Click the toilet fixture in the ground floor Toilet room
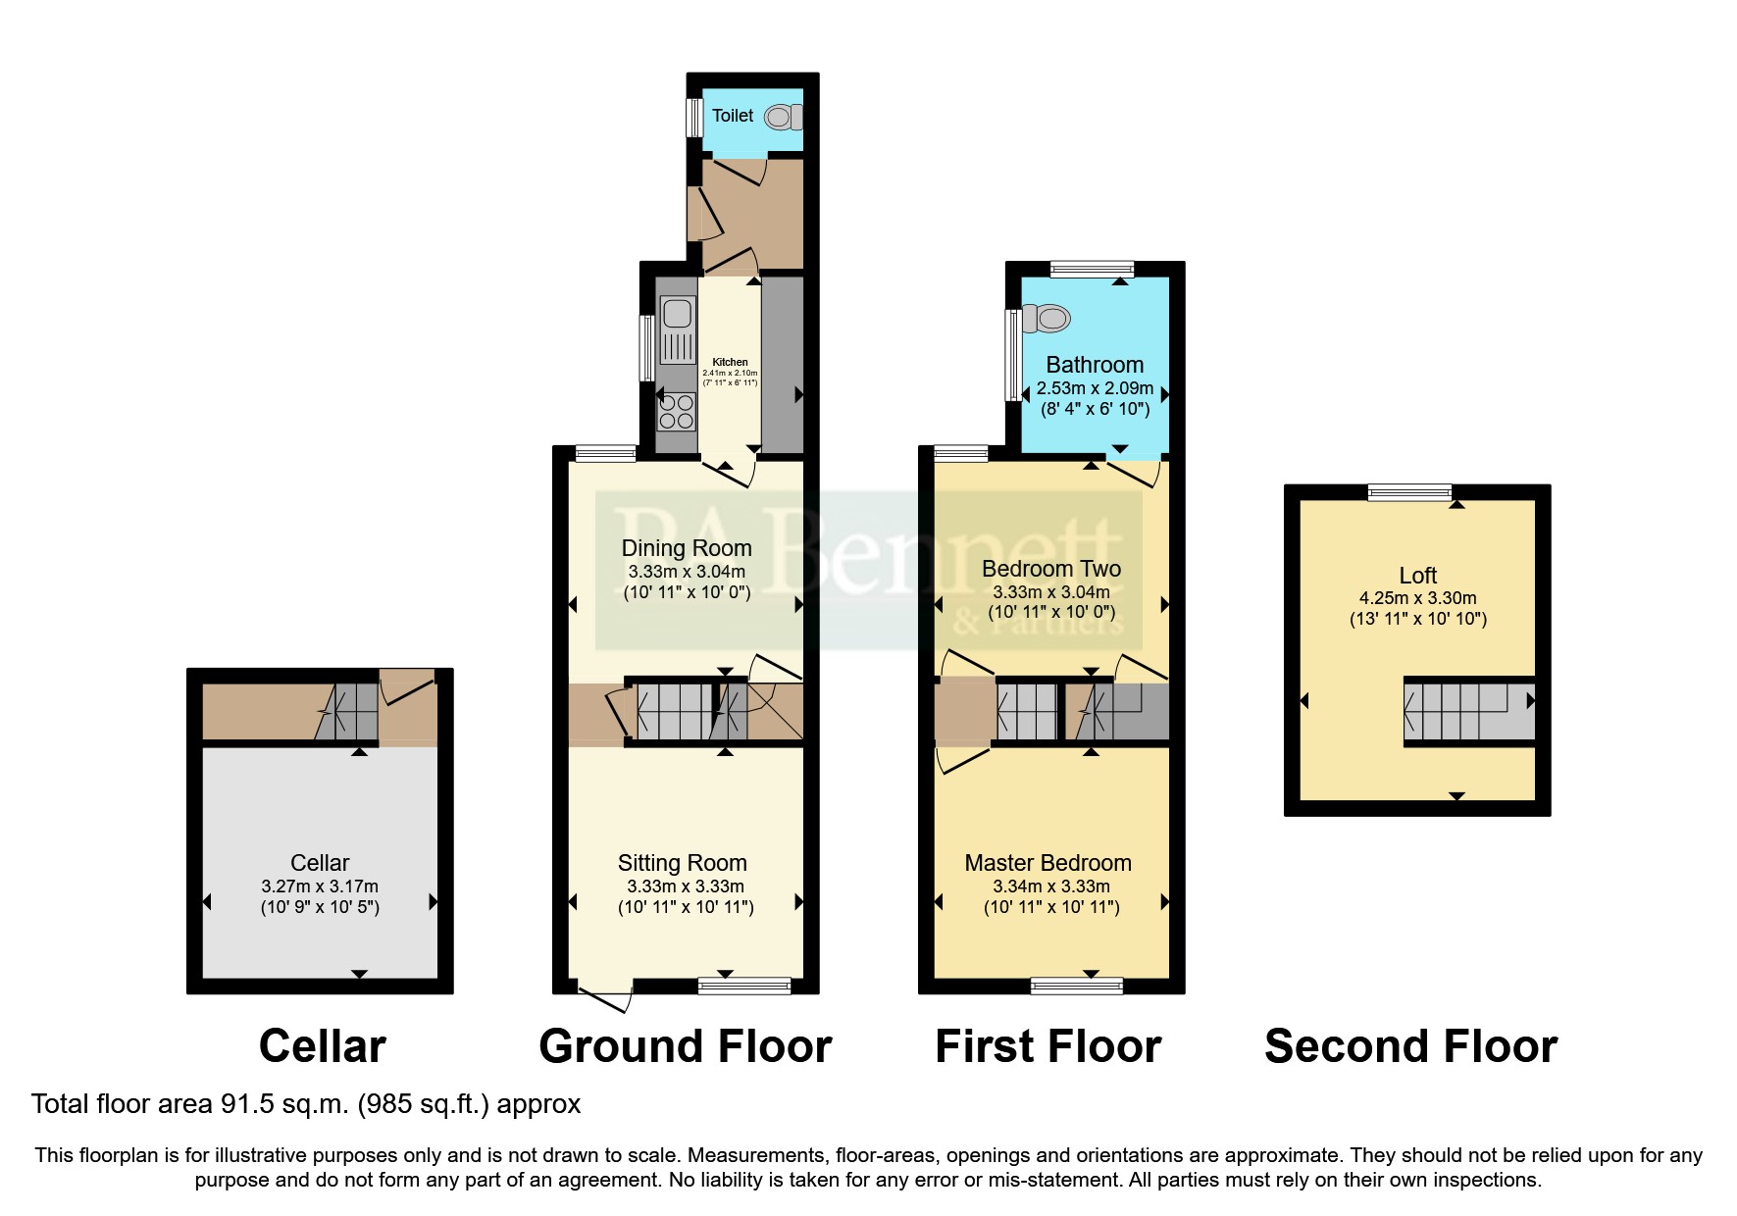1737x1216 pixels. pyautogui.click(x=782, y=118)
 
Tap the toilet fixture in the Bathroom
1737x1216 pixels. pyautogui.click(x=1047, y=319)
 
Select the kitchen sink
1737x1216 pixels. pyautogui.click(x=677, y=315)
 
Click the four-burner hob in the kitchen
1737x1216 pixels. pyautogui.click(x=677, y=410)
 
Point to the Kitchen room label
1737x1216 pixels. pyautogui.click(x=730, y=362)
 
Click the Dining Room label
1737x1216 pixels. pyautogui.click(x=687, y=548)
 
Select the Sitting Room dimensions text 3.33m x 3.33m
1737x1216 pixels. pyautogui.click(x=686, y=886)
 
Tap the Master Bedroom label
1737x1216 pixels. pyautogui.click(x=1047, y=863)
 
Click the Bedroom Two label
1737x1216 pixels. pyautogui.click(x=1050, y=569)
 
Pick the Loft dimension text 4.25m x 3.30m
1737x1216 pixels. pyautogui.click(x=1417, y=597)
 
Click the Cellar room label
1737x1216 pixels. pyautogui.click(x=320, y=863)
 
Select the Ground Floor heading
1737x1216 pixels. pyautogui.click(x=685, y=1046)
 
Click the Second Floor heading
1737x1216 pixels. pyautogui.click(x=1410, y=1046)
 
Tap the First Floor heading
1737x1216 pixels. pyautogui.click(x=1047, y=1046)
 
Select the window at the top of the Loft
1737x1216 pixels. pyautogui.click(x=1409, y=492)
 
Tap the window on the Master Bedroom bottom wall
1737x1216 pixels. pyautogui.click(x=1076, y=986)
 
